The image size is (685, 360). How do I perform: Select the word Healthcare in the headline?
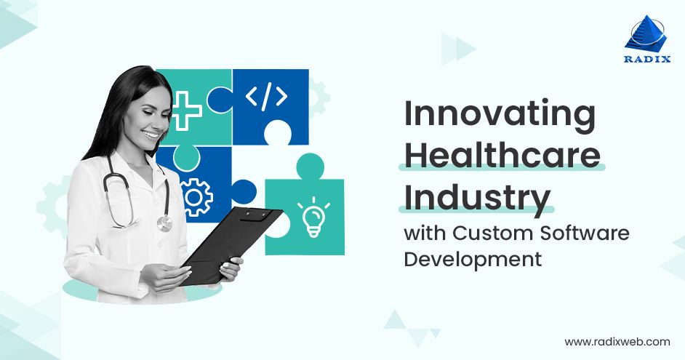502,156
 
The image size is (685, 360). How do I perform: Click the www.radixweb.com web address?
617,341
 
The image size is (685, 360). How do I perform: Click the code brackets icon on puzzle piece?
266,97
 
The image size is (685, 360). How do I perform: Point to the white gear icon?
196,195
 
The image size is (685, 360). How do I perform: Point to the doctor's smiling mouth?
151,135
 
